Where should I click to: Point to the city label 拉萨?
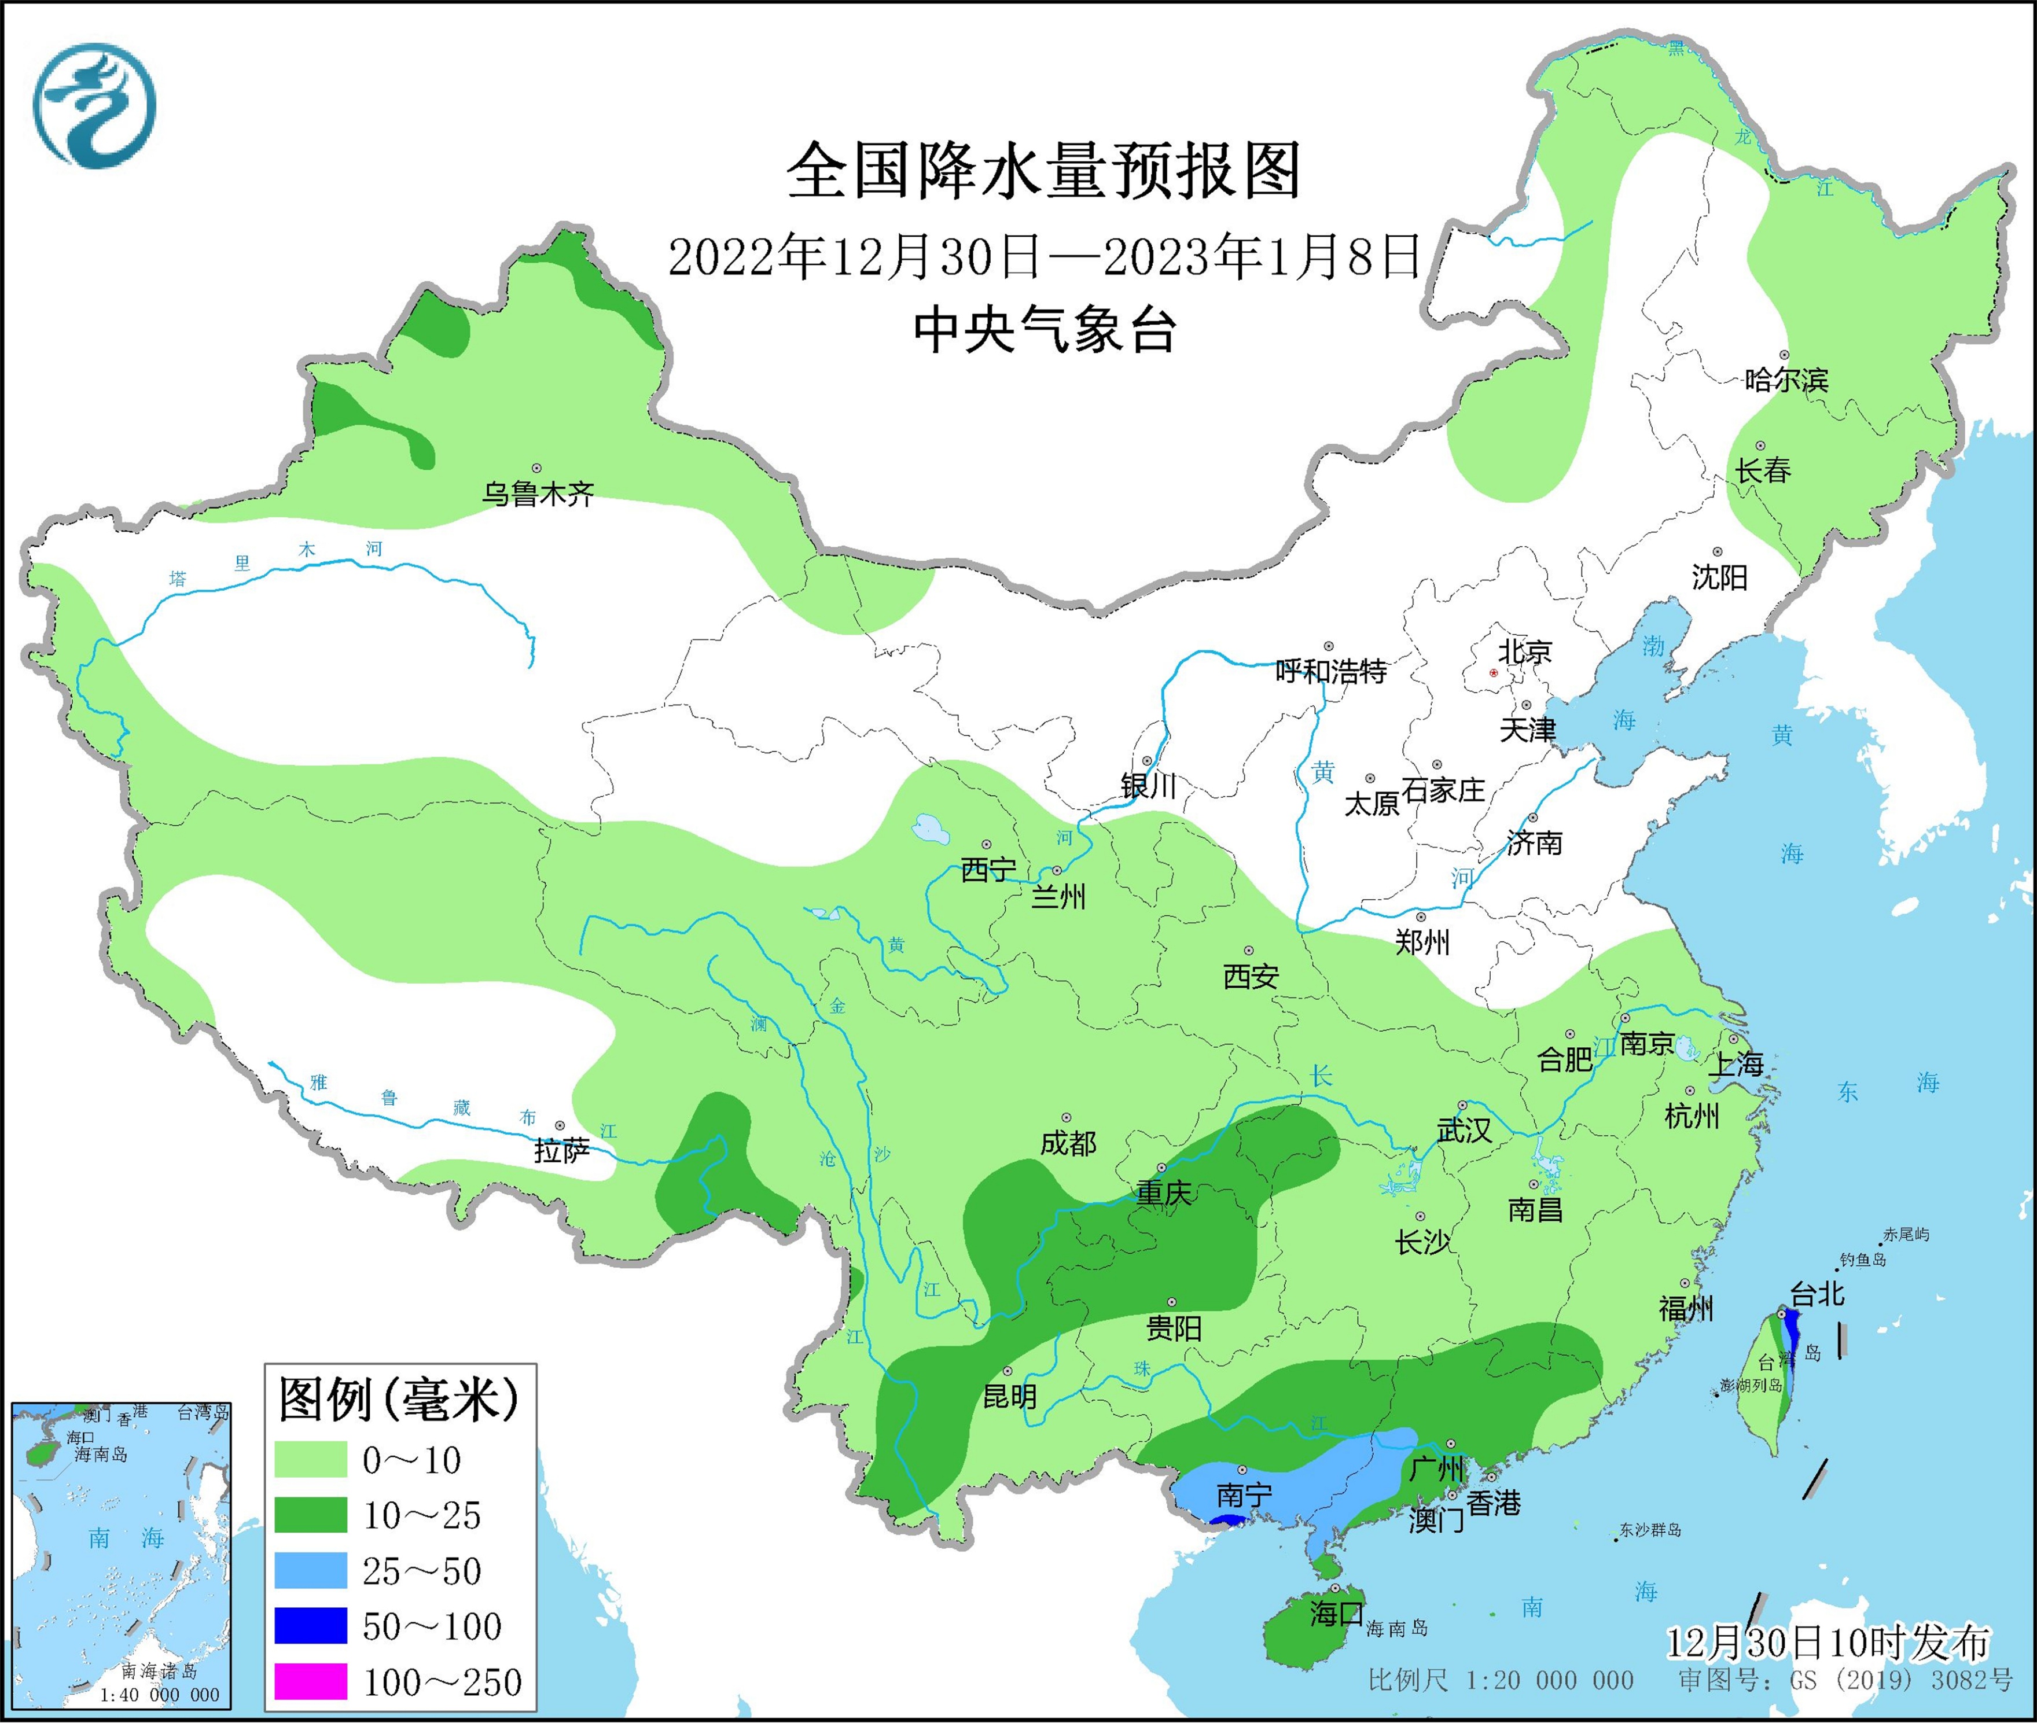coord(562,1151)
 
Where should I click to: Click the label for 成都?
coord(1068,1143)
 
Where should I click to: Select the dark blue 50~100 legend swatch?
coord(311,1626)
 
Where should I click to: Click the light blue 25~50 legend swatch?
coord(311,1571)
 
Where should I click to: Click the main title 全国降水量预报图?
coord(1043,171)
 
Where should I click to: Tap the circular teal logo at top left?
coord(95,105)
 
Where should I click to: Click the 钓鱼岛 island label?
coord(1863,1260)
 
